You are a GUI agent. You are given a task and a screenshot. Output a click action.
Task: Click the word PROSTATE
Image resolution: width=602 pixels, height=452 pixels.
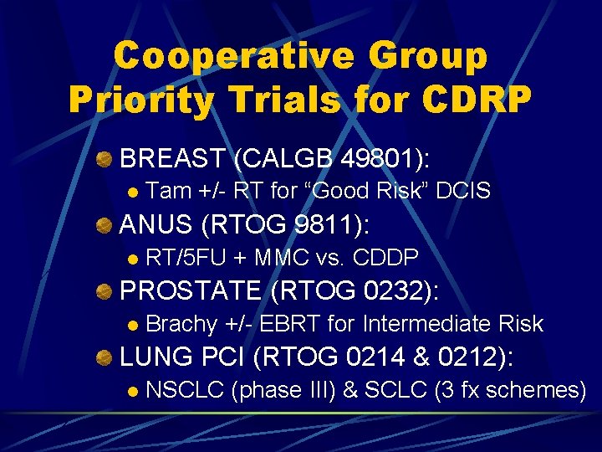[191, 290]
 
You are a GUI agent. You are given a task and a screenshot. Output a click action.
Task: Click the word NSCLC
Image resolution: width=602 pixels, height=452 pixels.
[184, 389]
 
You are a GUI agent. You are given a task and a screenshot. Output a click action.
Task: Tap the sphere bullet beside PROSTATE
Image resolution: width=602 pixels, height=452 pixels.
[104, 291]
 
